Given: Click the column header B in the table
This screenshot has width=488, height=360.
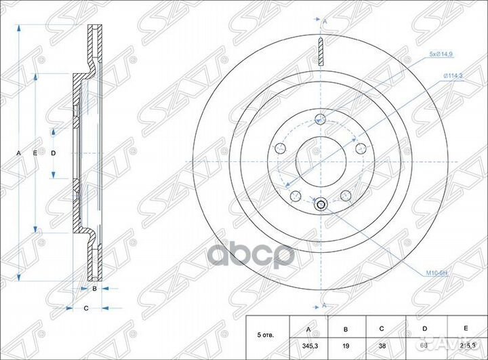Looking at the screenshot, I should (346, 329).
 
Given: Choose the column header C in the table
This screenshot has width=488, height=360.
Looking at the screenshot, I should (382, 329).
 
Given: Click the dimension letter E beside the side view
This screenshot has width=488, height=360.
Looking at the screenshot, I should (35, 154).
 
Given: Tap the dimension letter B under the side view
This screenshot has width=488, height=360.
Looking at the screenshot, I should (95, 289).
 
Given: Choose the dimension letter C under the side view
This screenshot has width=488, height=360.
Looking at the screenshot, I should (86, 309).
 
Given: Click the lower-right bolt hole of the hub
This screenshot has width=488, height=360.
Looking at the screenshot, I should (345, 195).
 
